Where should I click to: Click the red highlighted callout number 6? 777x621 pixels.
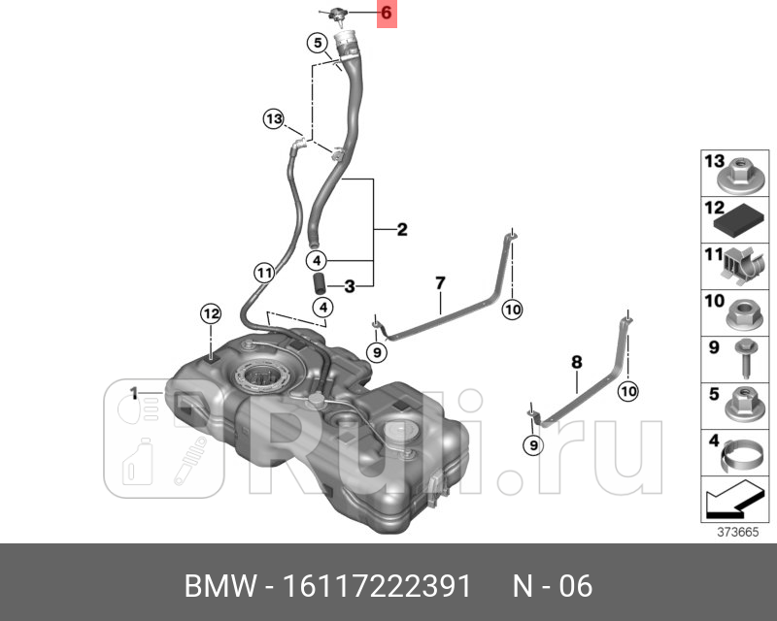pos(387,14)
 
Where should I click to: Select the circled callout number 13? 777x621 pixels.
pos(274,119)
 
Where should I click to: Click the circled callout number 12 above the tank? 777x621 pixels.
pos(212,313)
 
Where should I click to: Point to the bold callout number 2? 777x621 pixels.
pos(401,231)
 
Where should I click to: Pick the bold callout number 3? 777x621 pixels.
pos(349,285)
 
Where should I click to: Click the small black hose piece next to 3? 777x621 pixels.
pos(318,285)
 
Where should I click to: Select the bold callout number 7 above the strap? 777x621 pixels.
pos(439,282)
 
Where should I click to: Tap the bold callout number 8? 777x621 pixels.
pos(576,362)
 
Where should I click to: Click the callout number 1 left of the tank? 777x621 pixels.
pos(134,393)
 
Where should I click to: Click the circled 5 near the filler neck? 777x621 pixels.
pos(317,42)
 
